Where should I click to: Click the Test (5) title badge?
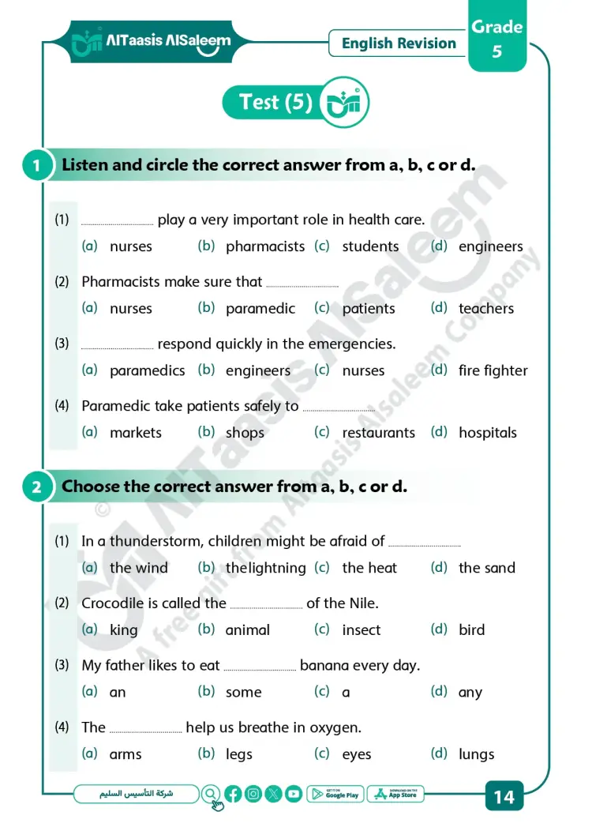pyautogui.click(x=275, y=103)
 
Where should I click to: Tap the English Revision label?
pyautogui.click(x=399, y=43)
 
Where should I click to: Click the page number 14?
pyautogui.click(x=504, y=796)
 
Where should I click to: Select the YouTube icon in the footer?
pyautogui.click(x=294, y=795)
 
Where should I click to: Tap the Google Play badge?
pyautogui.click(x=335, y=795)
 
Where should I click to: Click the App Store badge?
pyautogui.click(x=396, y=795)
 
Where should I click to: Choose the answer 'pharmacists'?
pyautogui.click(x=264, y=246)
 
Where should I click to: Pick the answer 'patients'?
pyautogui.click(x=368, y=309)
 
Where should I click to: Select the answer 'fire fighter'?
pyautogui.click(x=493, y=370)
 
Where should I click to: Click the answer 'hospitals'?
pyautogui.click(x=487, y=433)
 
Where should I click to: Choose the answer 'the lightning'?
pyautogui.click(x=265, y=568)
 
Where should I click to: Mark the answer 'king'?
pyautogui.click(x=123, y=630)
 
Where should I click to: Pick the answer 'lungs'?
pyautogui.click(x=476, y=754)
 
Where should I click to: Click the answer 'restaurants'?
pyautogui.click(x=378, y=433)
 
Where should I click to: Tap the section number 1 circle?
pyautogui.click(x=36, y=167)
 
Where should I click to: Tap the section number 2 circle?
pyautogui.click(x=36, y=487)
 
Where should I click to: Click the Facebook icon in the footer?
pyautogui.click(x=233, y=795)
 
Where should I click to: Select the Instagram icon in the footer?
pyautogui.click(x=253, y=795)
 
